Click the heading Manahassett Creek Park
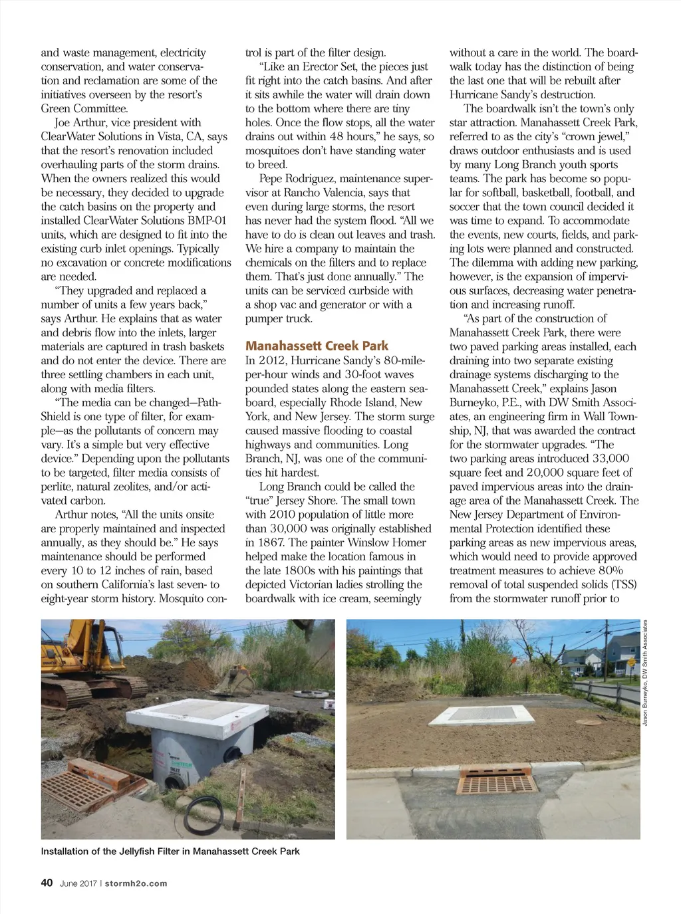[x=317, y=346]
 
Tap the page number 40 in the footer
[x=47, y=883]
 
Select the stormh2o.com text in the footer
[x=136, y=883]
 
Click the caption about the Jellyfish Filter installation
[x=170, y=851]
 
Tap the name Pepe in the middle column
[x=271, y=179]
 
